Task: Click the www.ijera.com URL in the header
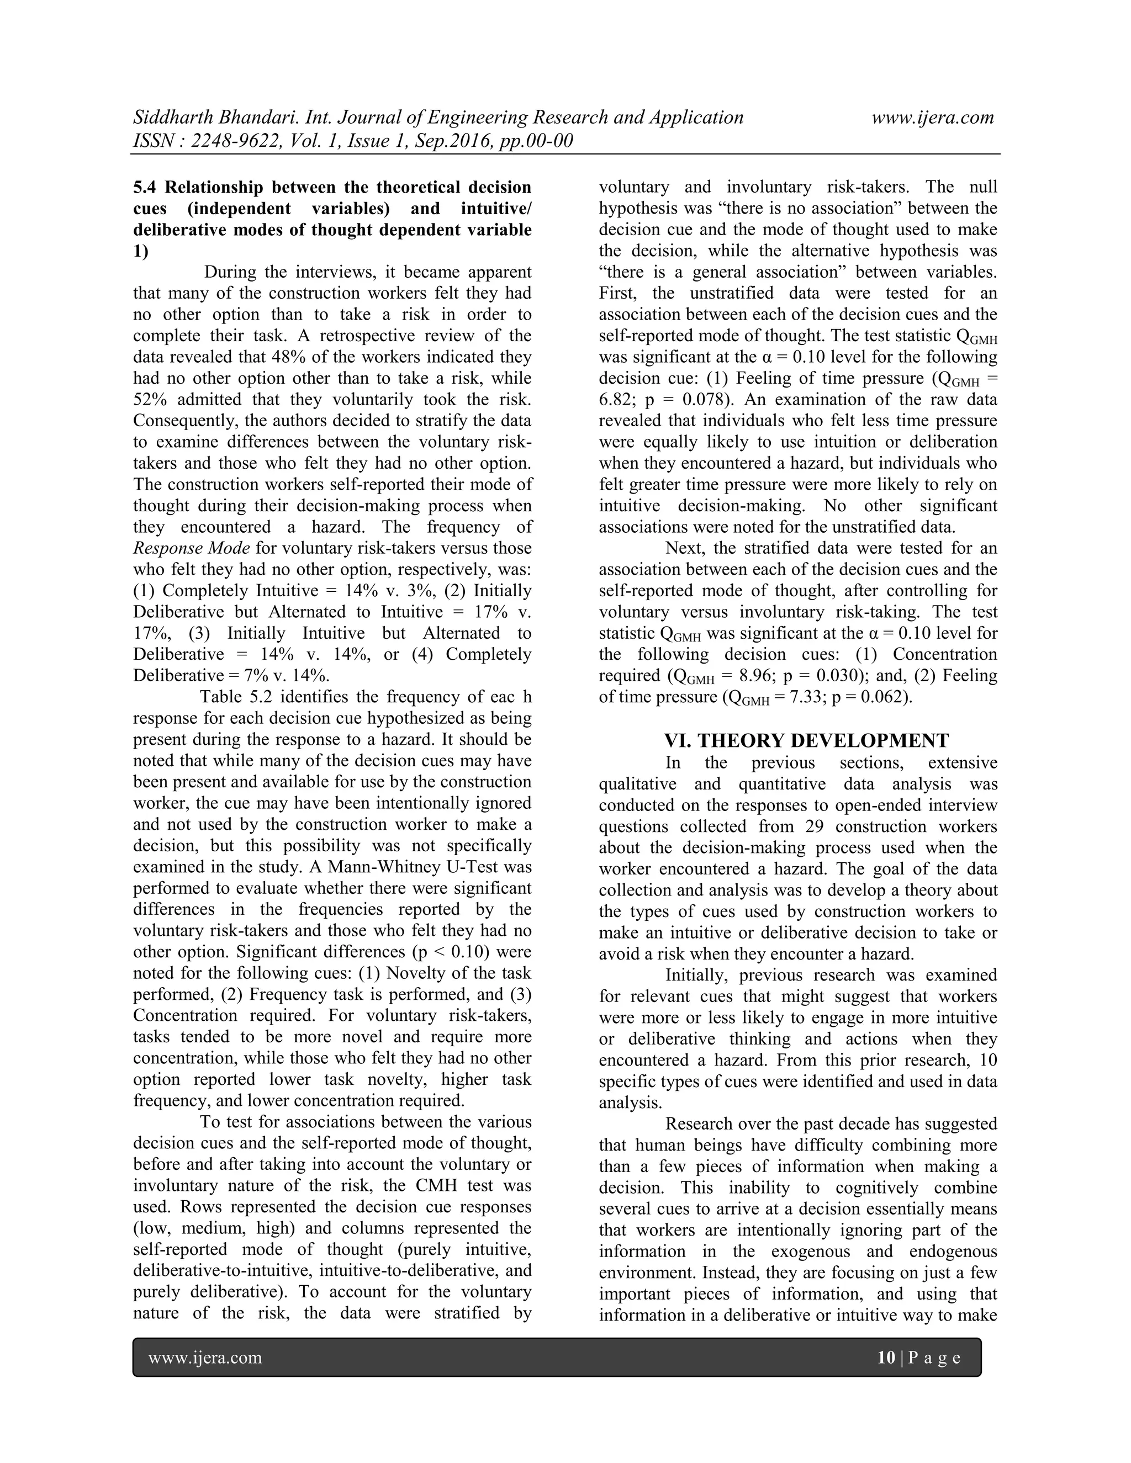pos(932,118)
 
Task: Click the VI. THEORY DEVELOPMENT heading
pos(806,741)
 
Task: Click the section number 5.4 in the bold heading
pos(146,187)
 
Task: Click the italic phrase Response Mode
pos(192,549)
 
